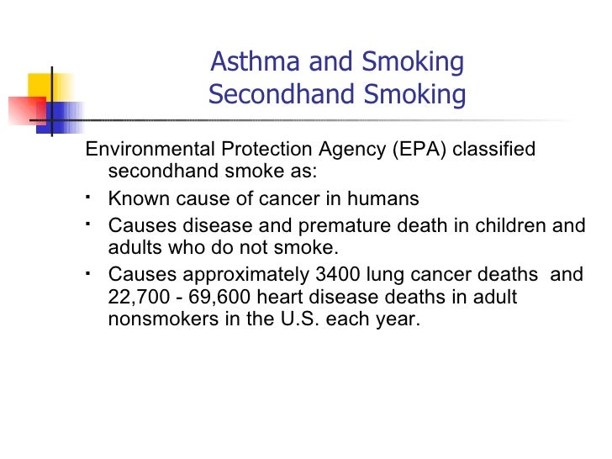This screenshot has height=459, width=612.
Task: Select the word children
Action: click(x=507, y=226)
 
